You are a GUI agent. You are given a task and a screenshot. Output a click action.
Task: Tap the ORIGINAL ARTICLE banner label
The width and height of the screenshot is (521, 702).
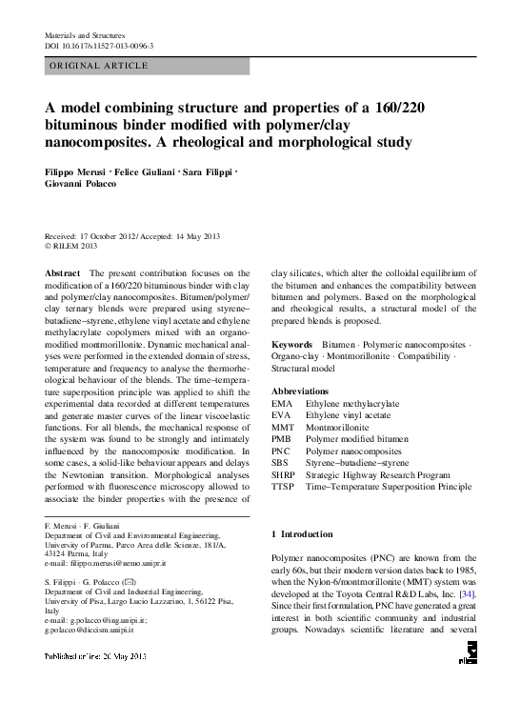pyautogui.click(x=98, y=66)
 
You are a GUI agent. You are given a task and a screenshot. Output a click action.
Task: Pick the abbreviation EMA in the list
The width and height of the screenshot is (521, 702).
pyautogui.click(x=283, y=404)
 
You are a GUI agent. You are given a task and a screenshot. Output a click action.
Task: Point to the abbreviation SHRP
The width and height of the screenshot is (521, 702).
pyautogui.click(x=284, y=473)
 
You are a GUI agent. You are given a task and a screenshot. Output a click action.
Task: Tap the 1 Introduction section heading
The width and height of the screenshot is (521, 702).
pyautogui.click(x=303, y=534)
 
